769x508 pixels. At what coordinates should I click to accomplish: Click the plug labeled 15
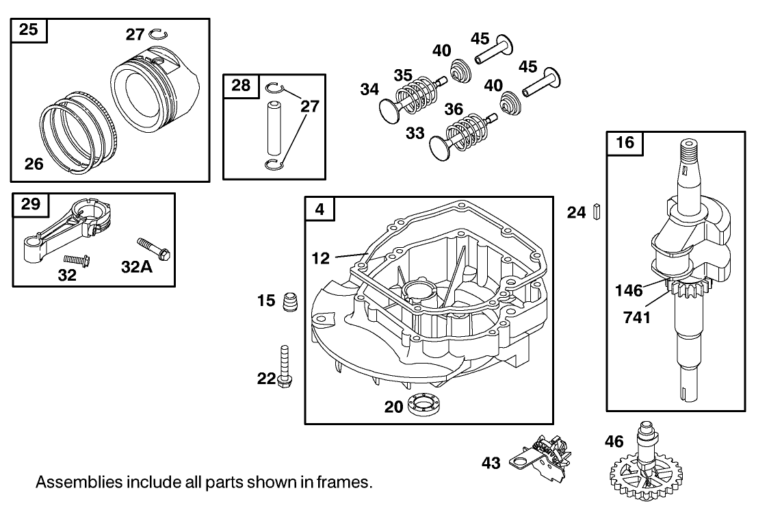[x=290, y=301]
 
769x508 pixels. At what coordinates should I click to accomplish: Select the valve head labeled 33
[x=438, y=147]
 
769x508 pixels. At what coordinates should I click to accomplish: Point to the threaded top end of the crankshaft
[x=690, y=150]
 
